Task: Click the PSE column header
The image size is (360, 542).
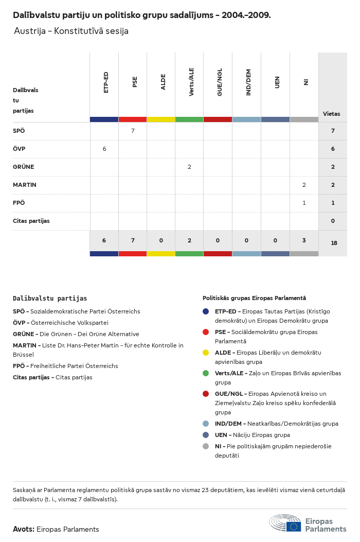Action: coord(135,82)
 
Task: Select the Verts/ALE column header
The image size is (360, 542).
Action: coord(191,82)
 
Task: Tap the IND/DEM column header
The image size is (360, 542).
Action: coord(248,82)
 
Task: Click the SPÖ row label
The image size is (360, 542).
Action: coord(19,131)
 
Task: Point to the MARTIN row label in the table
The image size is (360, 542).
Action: coord(25,185)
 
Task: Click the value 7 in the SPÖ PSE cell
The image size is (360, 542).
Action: coord(133,131)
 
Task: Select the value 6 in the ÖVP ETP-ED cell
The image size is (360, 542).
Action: coord(104,149)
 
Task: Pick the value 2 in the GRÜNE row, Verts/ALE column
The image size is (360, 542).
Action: coord(189,167)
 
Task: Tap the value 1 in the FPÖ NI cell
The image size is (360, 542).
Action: coord(304,203)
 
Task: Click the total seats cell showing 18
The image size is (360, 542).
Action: coord(334,243)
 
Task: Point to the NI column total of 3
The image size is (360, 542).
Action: coord(304,240)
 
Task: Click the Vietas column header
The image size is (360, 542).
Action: coord(331,114)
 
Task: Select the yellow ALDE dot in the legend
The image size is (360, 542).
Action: coord(206,353)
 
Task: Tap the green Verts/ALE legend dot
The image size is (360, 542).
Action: coord(206,373)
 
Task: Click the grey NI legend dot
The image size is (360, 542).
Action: coord(206,446)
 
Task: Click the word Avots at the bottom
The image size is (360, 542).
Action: coord(24,529)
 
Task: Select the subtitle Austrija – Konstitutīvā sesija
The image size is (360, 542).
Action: coord(71,31)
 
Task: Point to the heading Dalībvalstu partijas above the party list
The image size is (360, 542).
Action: coord(50,298)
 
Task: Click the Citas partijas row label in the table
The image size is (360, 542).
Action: coord(31,221)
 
